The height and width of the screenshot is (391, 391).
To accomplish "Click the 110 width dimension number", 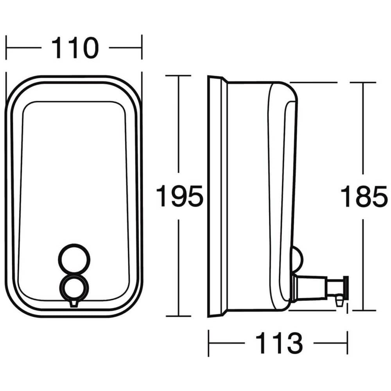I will (x=74, y=48).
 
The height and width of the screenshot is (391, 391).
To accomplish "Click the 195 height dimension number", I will (x=179, y=196).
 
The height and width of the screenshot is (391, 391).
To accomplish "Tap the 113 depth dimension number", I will (x=279, y=343).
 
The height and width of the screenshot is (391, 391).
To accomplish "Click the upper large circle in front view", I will (x=74, y=258).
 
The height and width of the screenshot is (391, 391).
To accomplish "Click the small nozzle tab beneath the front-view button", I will (x=74, y=303).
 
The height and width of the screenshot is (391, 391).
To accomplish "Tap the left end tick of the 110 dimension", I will (x=6, y=48).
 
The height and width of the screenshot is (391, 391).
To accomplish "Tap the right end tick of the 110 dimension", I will (x=142, y=48).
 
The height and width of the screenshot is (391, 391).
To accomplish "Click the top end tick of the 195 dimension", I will (x=179, y=75).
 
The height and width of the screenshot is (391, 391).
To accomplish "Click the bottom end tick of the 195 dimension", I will (x=179, y=316).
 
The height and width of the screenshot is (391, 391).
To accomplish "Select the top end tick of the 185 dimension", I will (x=363, y=83).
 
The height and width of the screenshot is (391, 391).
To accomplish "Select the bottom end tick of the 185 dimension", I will (x=363, y=311).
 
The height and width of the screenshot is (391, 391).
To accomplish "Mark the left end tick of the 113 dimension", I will (x=208, y=343).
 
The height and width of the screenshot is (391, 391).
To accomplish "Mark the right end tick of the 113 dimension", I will (x=347, y=343).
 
